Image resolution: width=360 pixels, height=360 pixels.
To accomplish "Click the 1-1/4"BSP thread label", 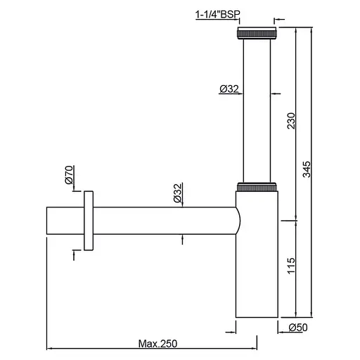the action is [x=218, y=14].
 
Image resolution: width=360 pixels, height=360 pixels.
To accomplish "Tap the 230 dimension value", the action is [x=291, y=121].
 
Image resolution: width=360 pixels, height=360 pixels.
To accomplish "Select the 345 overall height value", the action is [x=307, y=169].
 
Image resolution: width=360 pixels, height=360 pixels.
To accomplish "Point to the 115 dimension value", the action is [x=291, y=266].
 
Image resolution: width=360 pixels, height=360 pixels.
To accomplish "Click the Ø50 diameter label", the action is [x=298, y=328].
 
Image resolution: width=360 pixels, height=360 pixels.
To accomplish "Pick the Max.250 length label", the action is [x=157, y=344].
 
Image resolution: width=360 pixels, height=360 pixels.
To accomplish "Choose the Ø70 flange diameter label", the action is [x=70, y=175].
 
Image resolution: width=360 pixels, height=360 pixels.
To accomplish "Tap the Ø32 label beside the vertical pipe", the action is [x=229, y=89].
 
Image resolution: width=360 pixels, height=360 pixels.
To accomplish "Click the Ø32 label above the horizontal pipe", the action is [x=178, y=193].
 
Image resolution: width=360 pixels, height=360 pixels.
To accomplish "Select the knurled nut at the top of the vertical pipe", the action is [x=257, y=33].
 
